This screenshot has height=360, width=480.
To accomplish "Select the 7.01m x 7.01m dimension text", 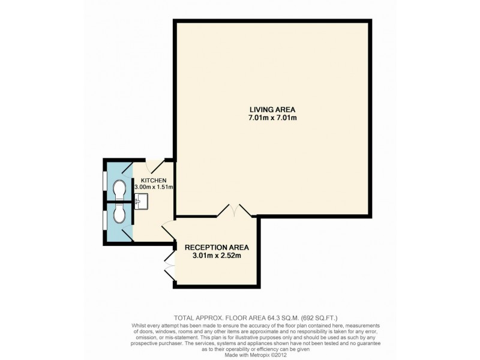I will pos(273,118).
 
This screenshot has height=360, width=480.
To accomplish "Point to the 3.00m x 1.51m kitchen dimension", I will pos(153,188).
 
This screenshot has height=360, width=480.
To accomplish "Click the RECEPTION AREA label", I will pos(216,247).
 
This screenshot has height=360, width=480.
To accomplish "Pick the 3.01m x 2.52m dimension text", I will pos(216,256).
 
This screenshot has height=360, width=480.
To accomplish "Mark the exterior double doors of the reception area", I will pos(170,265).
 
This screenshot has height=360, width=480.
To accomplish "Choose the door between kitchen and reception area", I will pos(167,230).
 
